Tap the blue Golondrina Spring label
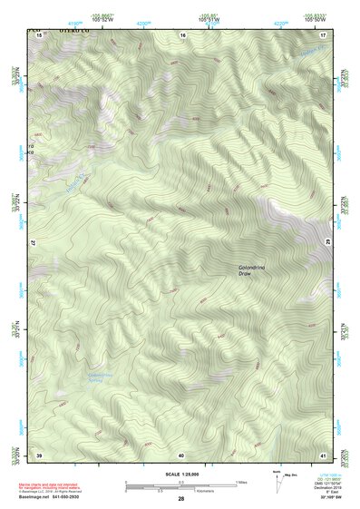pyautogui.click(x=101, y=377)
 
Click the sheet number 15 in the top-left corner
pyautogui.click(x=39, y=35)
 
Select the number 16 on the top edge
pyautogui.click(x=182, y=35)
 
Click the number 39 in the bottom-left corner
pyautogui.click(x=39, y=454)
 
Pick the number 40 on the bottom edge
pyautogui.click(x=181, y=454)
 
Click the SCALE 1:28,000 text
pyautogui.click(x=180, y=474)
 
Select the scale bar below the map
pyautogui.click(x=180, y=487)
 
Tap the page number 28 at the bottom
pyautogui.click(x=180, y=499)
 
